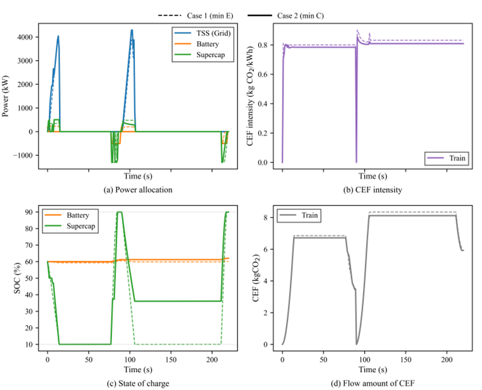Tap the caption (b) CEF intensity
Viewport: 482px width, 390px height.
click(x=368, y=189)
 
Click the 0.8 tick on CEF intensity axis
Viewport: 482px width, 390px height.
click(x=268, y=45)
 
